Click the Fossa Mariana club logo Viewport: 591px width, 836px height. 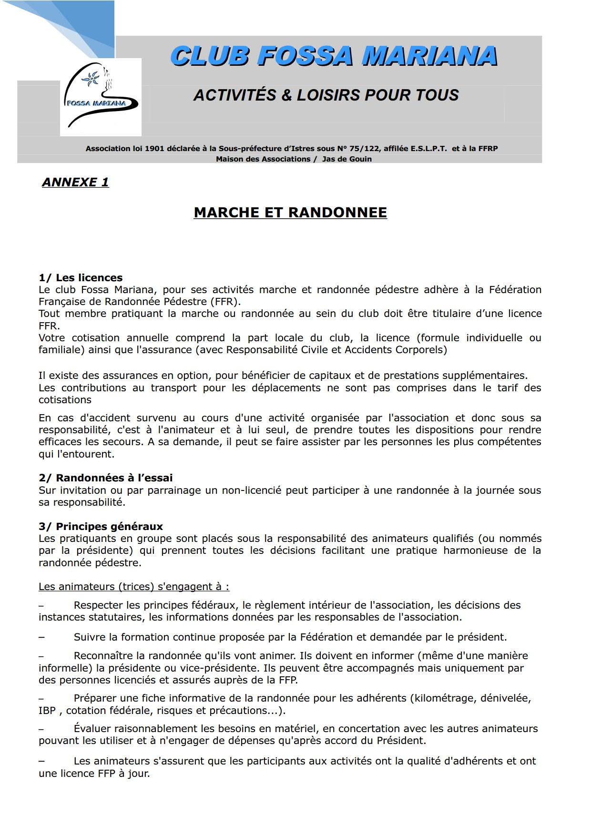tap(101, 97)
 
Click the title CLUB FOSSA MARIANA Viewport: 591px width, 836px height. tap(334, 56)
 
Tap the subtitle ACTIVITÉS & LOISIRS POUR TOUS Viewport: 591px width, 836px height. tap(326, 95)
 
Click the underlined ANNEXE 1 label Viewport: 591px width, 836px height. tap(75, 182)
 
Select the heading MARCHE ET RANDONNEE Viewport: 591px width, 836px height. tap(290, 212)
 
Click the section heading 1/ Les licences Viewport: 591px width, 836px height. tap(81, 277)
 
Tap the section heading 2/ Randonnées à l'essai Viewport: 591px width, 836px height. tap(105, 478)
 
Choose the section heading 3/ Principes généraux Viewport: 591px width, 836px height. tap(101, 526)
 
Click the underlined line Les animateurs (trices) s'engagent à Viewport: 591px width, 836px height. tap(133, 586)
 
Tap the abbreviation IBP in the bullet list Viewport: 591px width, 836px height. tap(47, 710)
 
